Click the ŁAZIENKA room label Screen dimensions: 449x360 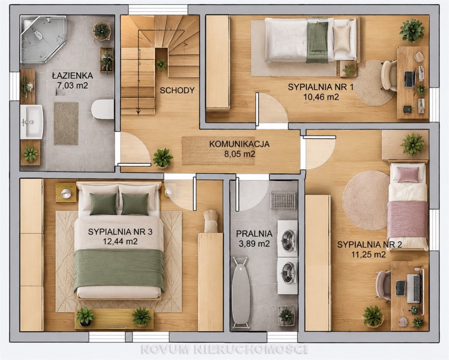pyautogui.click(x=72, y=76)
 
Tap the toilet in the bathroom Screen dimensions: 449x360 pyautogui.click(x=103, y=109)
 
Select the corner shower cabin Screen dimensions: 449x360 pyautogui.click(x=43, y=39)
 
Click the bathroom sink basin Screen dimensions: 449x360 pyautogui.click(x=31, y=122)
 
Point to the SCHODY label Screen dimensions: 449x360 pyautogui.click(x=177, y=91)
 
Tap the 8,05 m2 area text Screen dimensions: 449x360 pyautogui.click(x=239, y=154)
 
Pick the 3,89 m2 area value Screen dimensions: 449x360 pyautogui.click(x=254, y=244)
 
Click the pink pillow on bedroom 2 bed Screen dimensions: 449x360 pyautogui.click(x=408, y=174)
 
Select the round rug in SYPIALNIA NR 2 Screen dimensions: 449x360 pyautogui.click(x=366, y=200)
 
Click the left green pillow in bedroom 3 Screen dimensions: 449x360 pyautogui.click(x=103, y=204)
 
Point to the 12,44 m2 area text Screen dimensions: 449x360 pyautogui.click(x=120, y=241)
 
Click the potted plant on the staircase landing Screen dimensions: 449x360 pyautogui.click(x=161, y=65)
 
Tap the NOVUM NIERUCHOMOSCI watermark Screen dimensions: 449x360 pyautogui.click(x=224, y=349)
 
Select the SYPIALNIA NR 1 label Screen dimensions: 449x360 pyautogui.click(x=321, y=87)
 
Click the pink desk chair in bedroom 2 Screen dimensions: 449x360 pyautogui.click(x=383, y=286)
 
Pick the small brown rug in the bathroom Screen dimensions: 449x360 pyautogui.click(x=66, y=123)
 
